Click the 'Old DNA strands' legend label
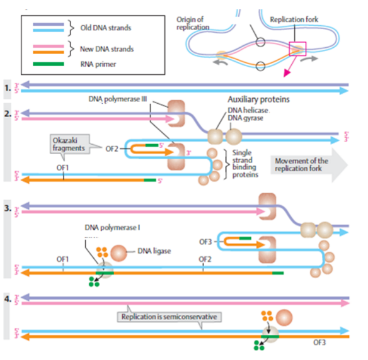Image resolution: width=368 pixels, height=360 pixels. [x=106, y=28]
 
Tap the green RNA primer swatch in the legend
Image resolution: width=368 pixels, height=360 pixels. [x=52, y=63]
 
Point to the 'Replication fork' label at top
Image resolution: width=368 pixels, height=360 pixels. [x=294, y=20]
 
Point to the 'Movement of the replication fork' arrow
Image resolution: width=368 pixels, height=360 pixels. [x=305, y=165]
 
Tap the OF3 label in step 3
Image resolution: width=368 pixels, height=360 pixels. [x=205, y=241]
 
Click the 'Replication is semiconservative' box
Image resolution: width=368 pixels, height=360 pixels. [x=173, y=317]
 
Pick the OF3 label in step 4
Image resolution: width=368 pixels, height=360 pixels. [x=321, y=342]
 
